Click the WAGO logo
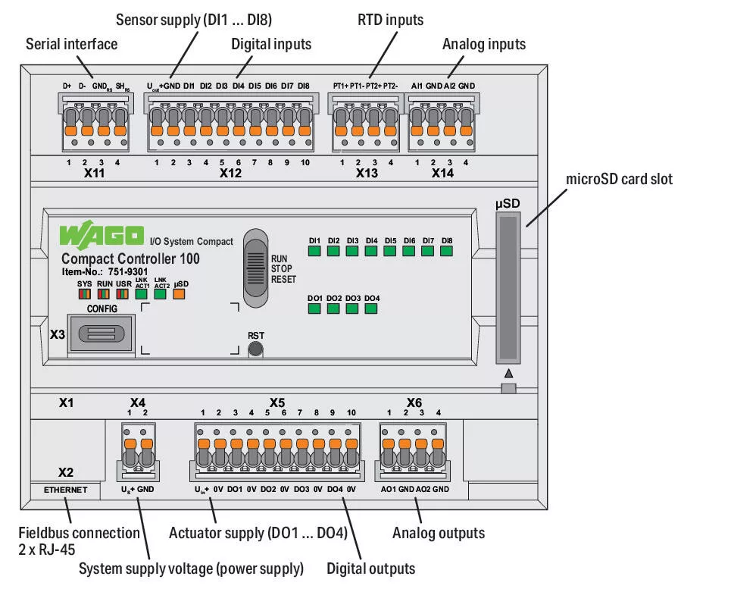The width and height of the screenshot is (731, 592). point(102,236)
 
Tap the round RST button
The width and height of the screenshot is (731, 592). point(256,349)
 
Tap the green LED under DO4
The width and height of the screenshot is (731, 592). point(370,309)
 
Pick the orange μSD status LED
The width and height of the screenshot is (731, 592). point(180,296)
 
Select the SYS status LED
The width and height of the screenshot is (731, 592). point(84,296)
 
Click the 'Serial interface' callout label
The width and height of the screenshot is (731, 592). point(71,44)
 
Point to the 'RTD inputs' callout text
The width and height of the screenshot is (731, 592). point(390,20)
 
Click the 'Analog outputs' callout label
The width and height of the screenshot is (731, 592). point(438,533)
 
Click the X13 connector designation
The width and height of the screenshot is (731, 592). point(367,174)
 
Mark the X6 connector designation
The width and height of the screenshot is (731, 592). point(414,402)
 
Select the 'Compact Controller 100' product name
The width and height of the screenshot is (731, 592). point(130,258)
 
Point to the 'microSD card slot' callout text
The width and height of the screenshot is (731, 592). point(619,179)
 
